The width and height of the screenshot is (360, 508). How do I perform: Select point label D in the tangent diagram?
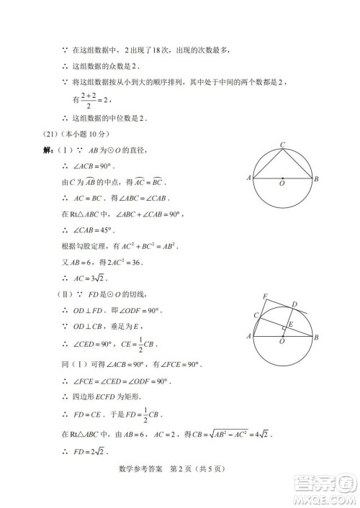292,305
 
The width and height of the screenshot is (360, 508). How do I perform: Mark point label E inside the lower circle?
290,325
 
